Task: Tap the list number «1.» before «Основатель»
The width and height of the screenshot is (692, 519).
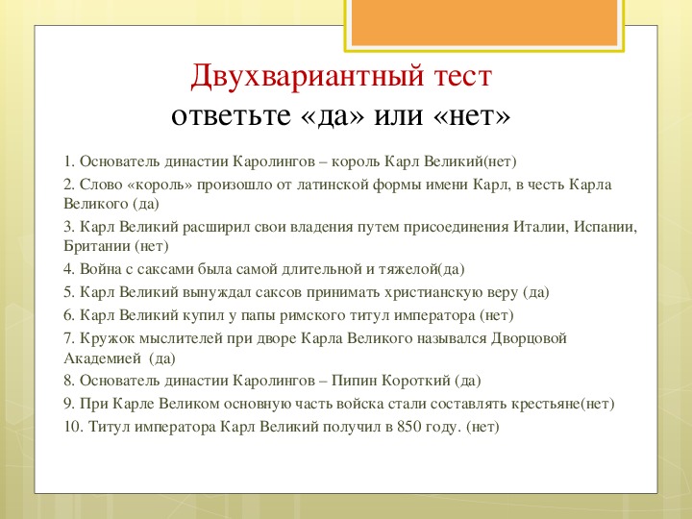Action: point(69,161)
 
